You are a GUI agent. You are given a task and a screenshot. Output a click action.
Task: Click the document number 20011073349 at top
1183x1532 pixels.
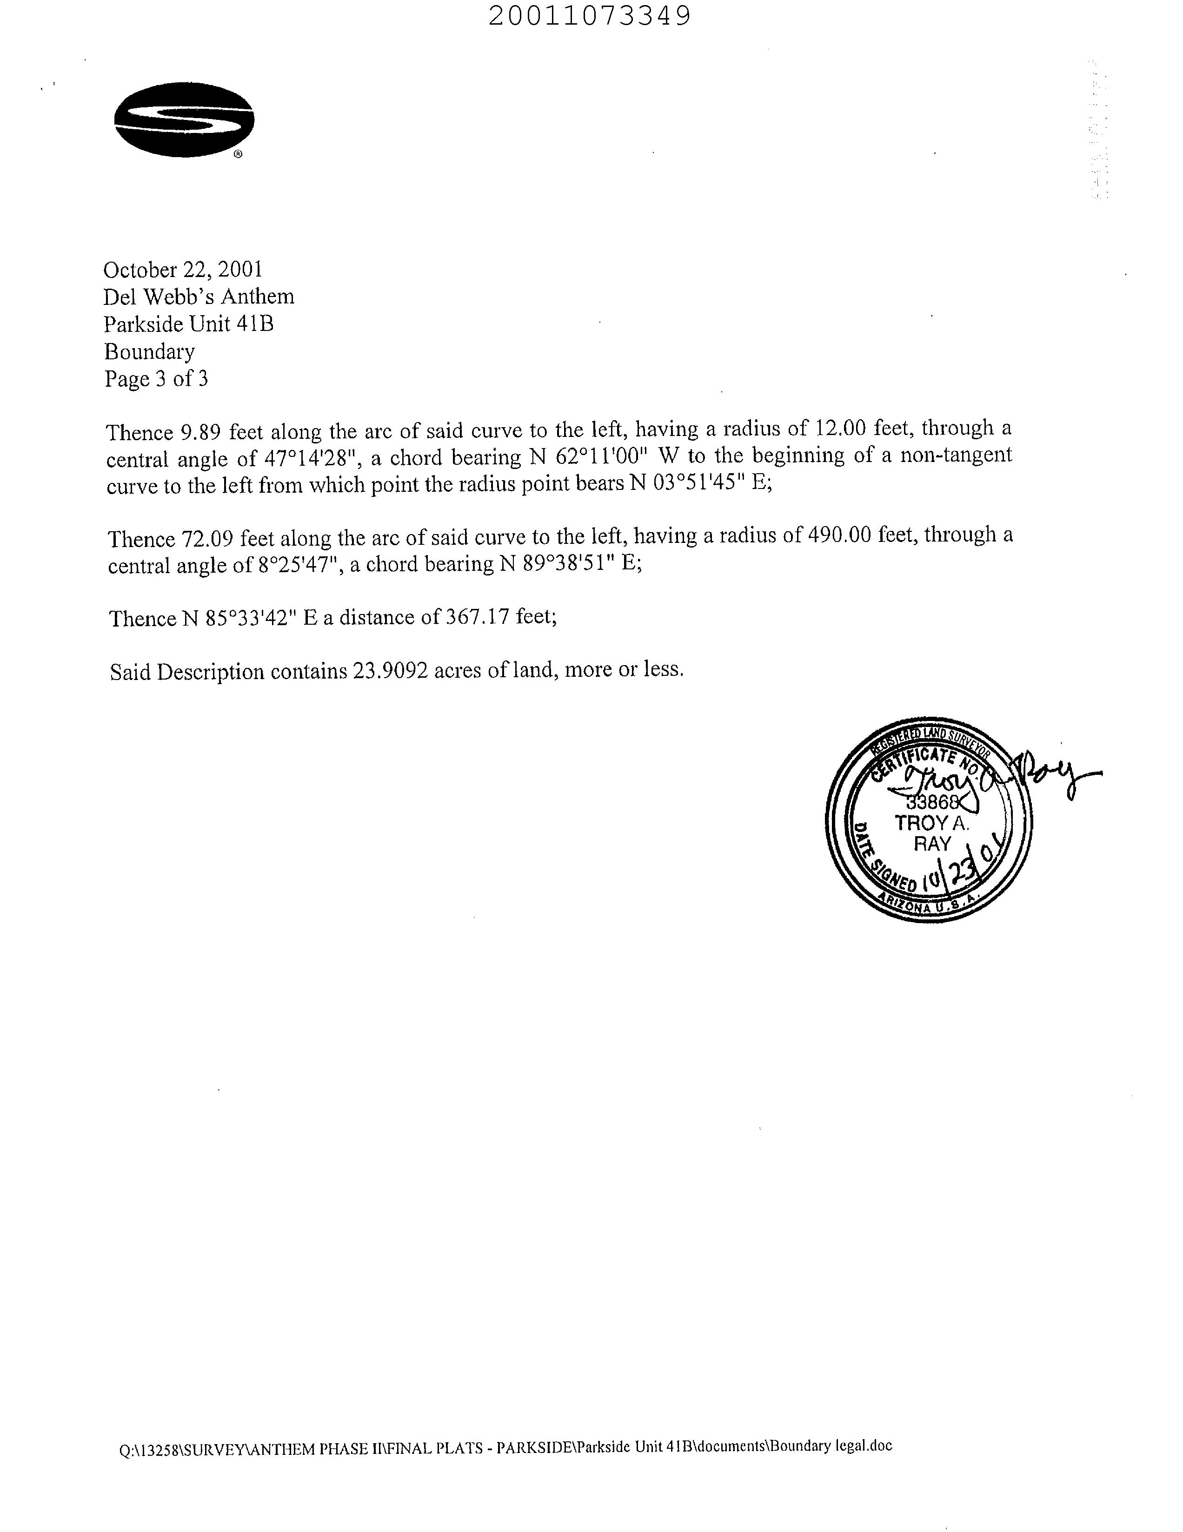point(589,15)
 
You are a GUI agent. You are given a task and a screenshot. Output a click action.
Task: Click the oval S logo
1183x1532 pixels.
point(184,119)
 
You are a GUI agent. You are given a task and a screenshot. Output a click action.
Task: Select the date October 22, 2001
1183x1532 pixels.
point(183,270)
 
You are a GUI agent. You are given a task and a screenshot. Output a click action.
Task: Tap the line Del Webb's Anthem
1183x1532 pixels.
point(199,297)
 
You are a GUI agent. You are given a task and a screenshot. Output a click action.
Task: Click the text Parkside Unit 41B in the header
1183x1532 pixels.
point(189,324)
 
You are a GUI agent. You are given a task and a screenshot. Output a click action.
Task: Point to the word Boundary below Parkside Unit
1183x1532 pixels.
point(149,351)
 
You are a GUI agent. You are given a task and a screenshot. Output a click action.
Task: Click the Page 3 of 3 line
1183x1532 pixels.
point(156,379)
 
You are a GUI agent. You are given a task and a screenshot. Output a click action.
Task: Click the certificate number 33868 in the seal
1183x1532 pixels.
point(930,802)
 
